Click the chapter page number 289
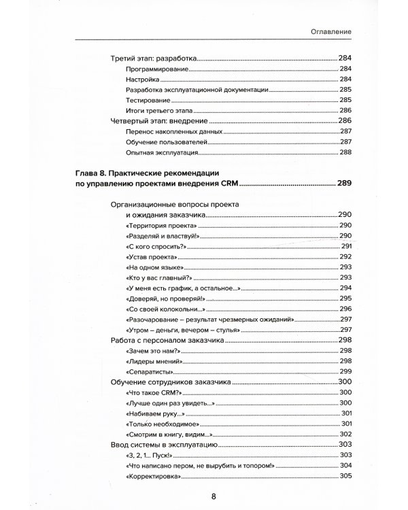(x=345, y=183)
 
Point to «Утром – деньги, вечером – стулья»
(x=177, y=330)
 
